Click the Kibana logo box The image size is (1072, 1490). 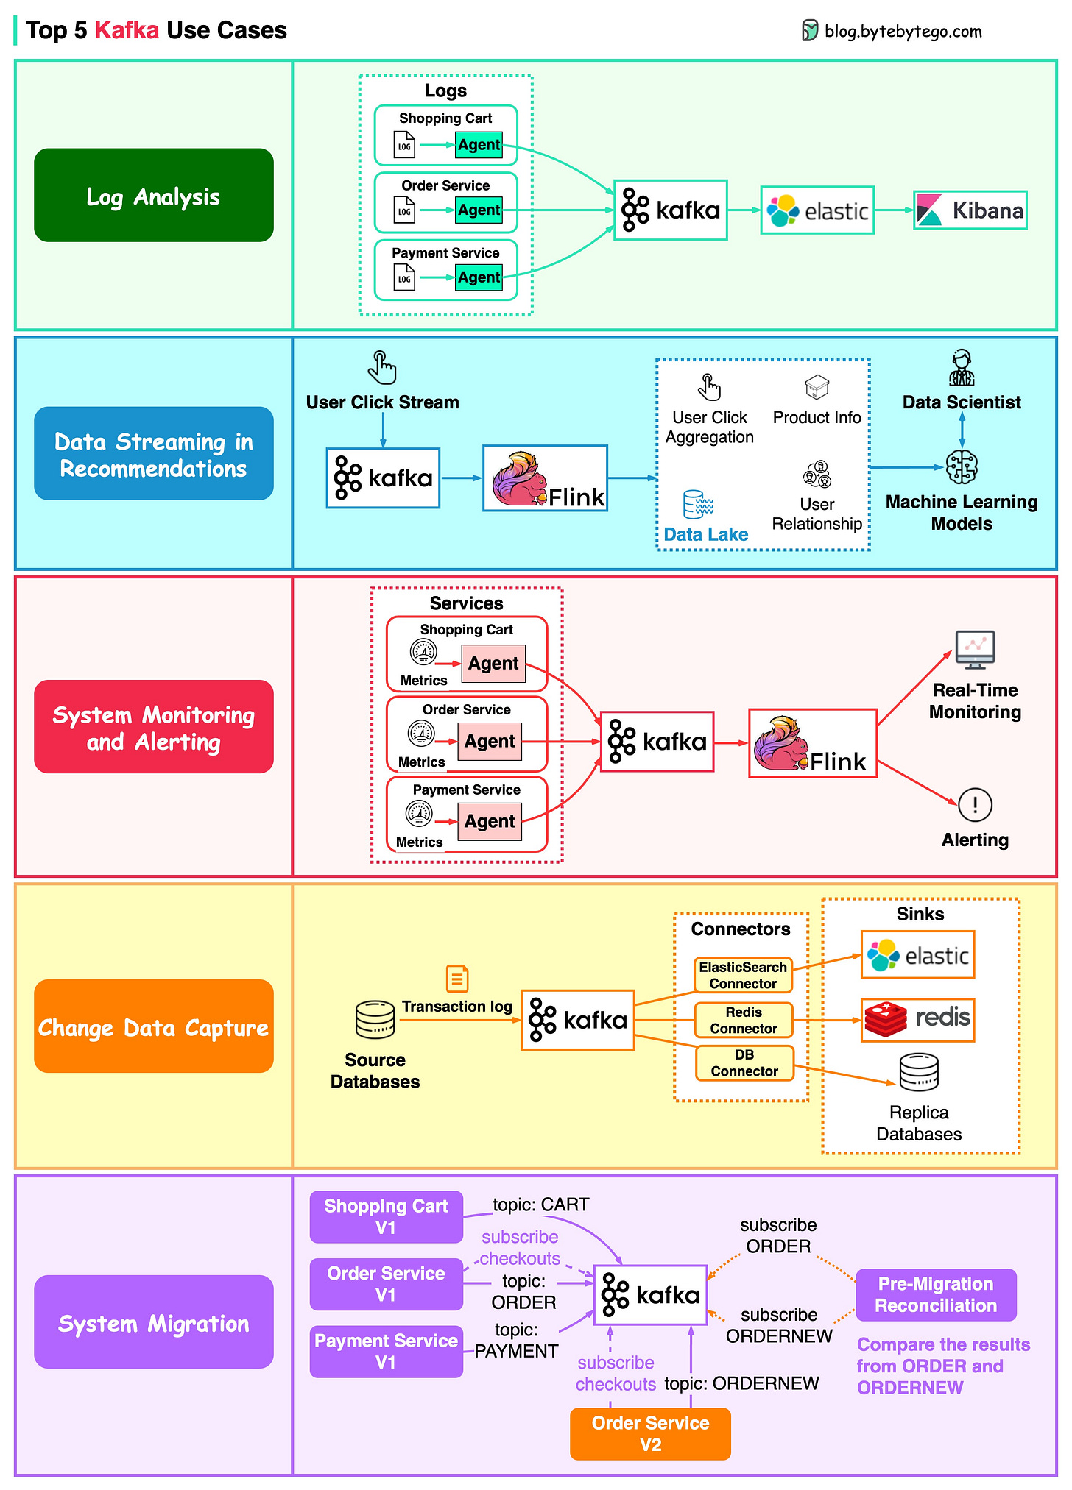pyautogui.click(x=970, y=210)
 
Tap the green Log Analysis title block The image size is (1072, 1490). pyautogui.click(x=153, y=196)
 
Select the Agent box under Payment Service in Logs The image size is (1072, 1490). pyautogui.click(x=479, y=277)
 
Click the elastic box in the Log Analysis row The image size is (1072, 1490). pyautogui.click(x=817, y=210)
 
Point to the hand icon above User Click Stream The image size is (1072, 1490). pyautogui.click(x=382, y=367)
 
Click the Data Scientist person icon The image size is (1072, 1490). pyautogui.click(x=961, y=368)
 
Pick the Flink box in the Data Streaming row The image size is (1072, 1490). pyautogui.click(x=545, y=478)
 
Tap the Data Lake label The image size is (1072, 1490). pyautogui.click(x=705, y=534)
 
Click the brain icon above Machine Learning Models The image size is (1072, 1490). pyautogui.click(x=962, y=466)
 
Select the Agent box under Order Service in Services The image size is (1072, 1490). pyautogui.click(x=490, y=741)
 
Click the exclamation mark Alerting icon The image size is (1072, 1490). pyautogui.click(x=975, y=804)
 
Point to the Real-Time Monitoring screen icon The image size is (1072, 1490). pyautogui.click(x=975, y=649)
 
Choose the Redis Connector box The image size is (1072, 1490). pyautogui.click(x=744, y=1020)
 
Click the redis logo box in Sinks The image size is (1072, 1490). pyautogui.click(x=917, y=1020)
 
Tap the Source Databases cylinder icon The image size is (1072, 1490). pyautogui.click(x=375, y=1019)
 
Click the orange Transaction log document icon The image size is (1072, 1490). pyautogui.click(x=457, y=979)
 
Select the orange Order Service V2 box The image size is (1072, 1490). pyautogui.click(x=650, y=1433)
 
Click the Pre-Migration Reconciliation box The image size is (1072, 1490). pyautogui.click(x=936, y=1294)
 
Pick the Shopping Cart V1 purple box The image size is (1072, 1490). pyautogui.click(x=386, y=1216)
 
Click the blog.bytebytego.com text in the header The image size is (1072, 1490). pyautogui.click(x=903, y=31)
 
